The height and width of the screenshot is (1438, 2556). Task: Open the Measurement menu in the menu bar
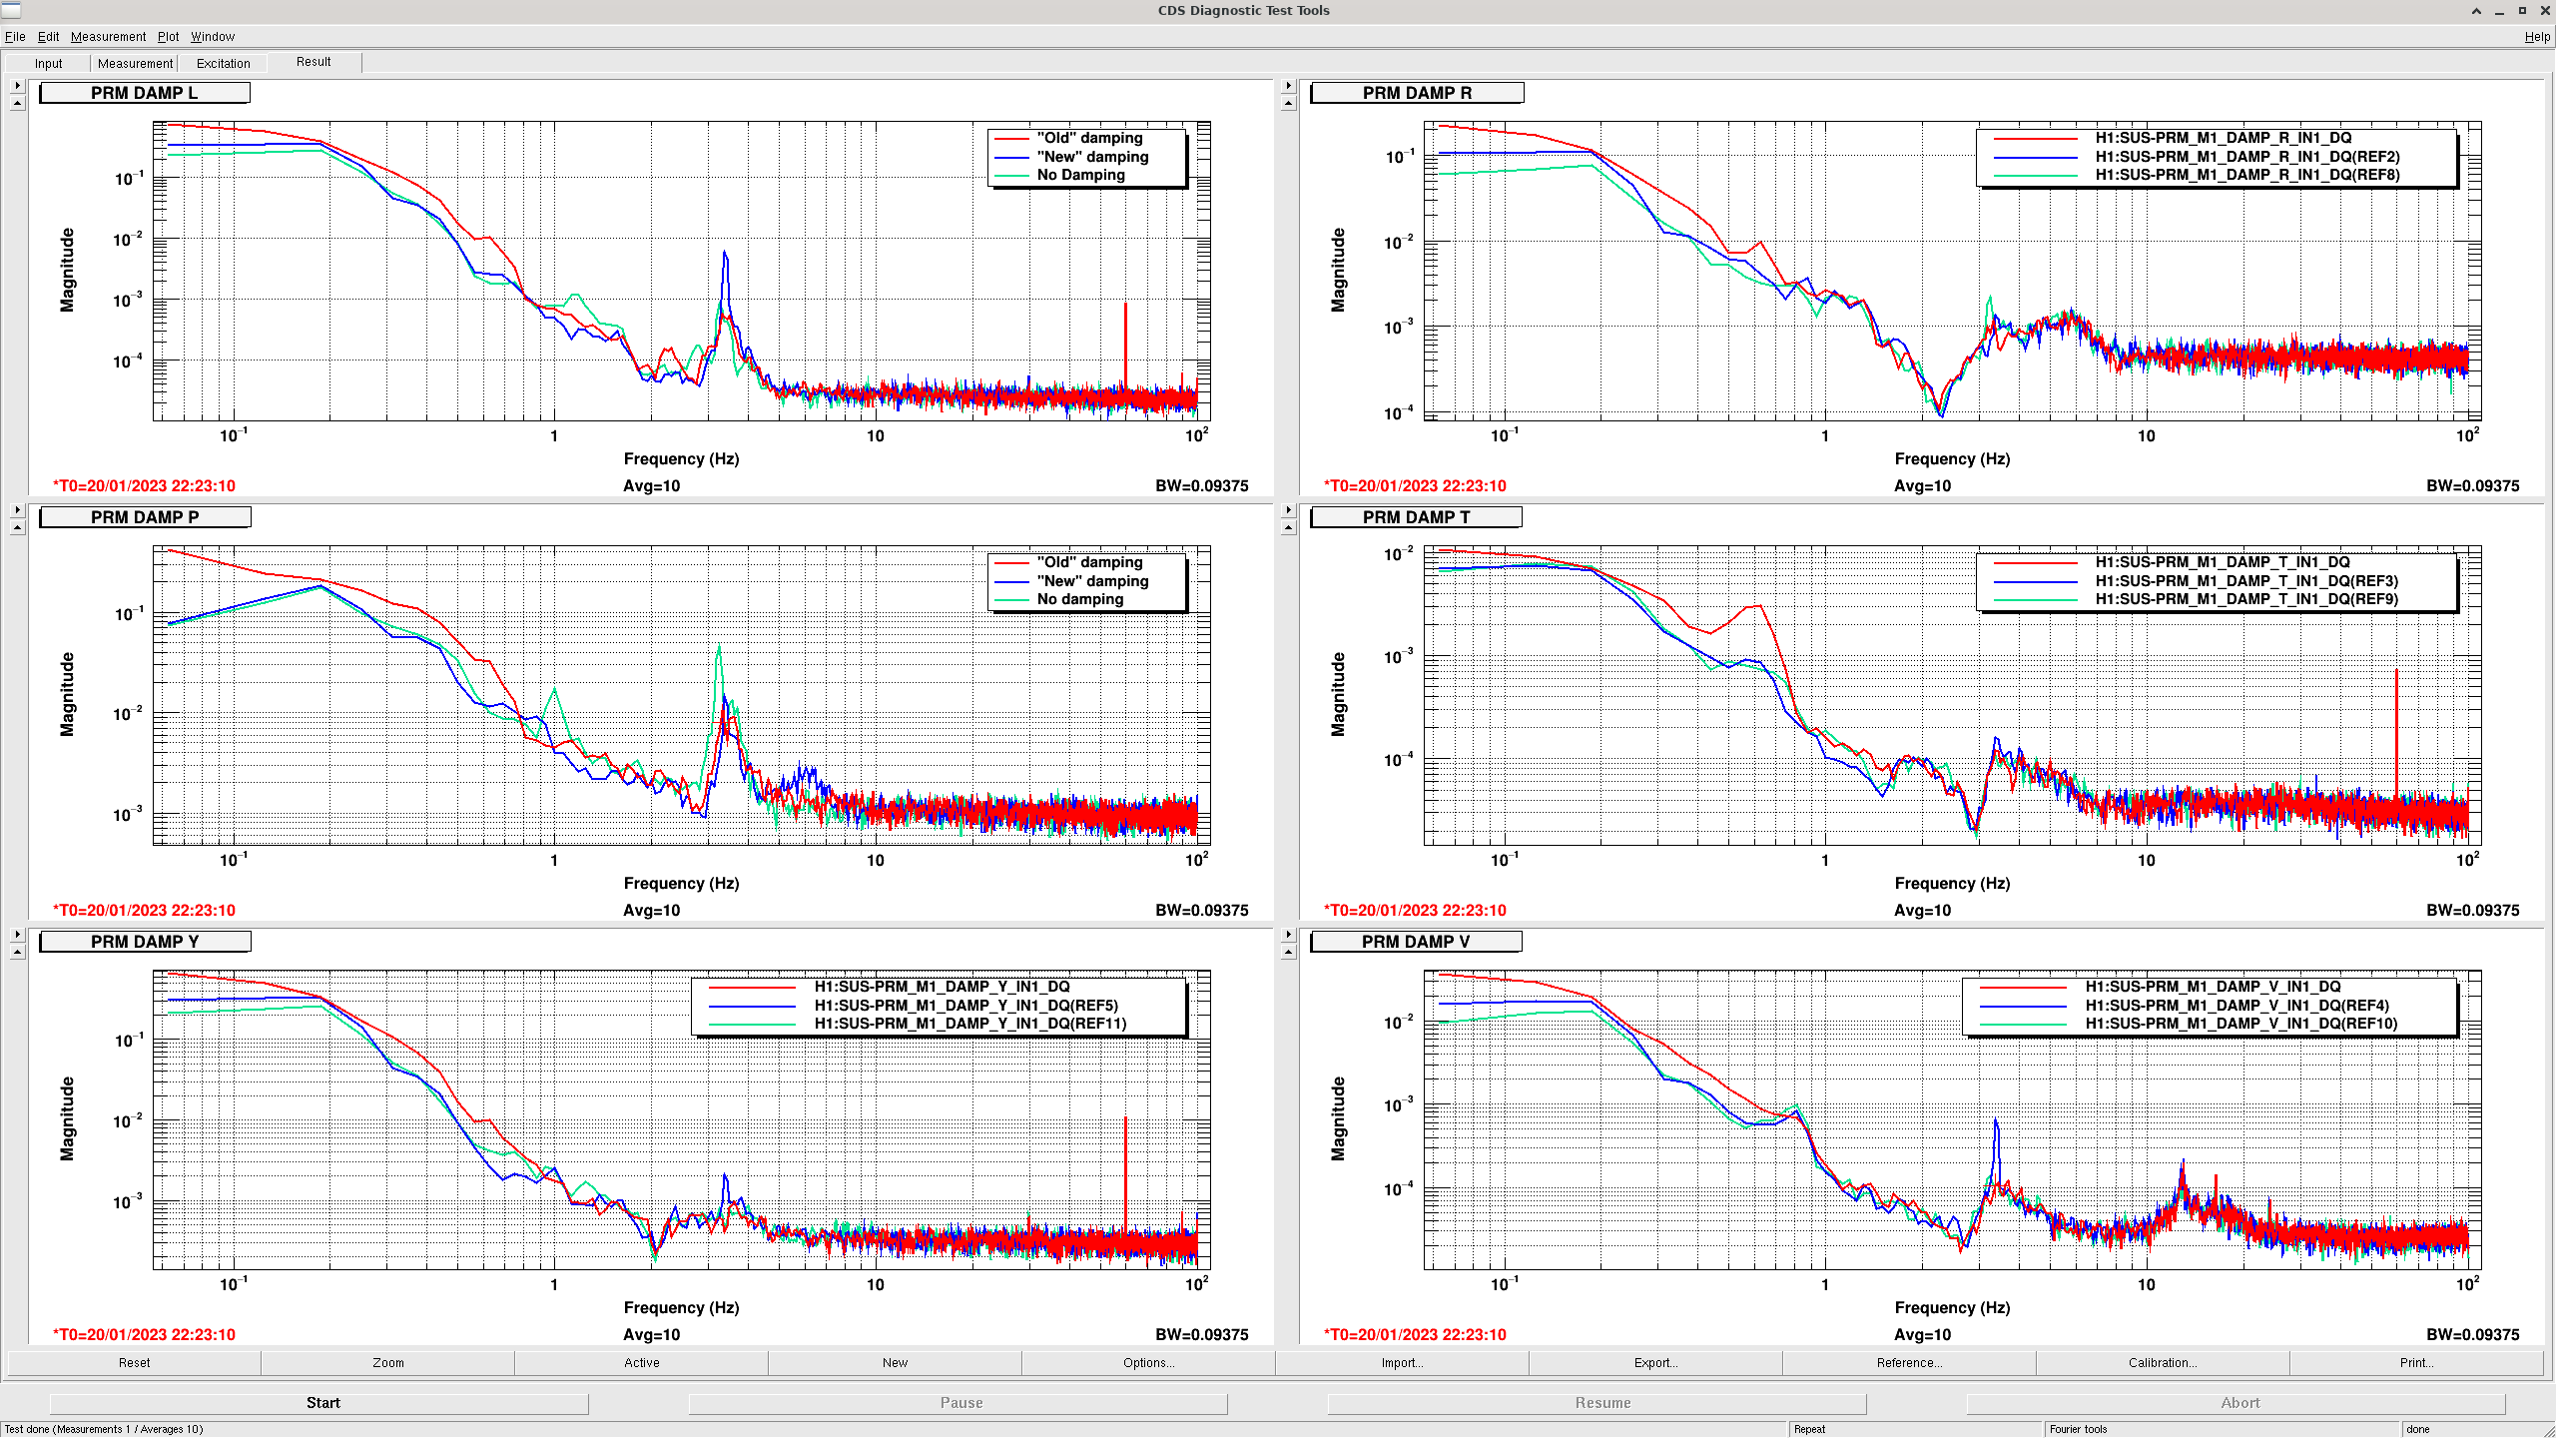click(x=108, y=37)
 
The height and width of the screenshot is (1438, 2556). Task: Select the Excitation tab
click(x=224, y=63)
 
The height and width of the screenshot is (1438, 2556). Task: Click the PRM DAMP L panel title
click(x=145, y=93)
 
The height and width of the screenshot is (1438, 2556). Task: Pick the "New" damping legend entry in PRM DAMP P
click(x=1092, y=581)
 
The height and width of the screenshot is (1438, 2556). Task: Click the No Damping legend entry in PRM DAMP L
click(x=1080, y=175)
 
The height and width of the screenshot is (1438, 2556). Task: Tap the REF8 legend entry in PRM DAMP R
click(x=2247, y=175)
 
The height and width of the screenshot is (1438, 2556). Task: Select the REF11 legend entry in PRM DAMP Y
click(x=970, y=1024)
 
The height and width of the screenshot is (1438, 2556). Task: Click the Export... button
click(x=1655, y=1363)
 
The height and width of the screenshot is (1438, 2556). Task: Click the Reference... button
click(x=1909, y=1363)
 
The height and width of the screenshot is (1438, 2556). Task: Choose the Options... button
click(x=1148, y=1363)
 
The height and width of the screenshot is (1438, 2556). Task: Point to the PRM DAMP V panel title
click(x=1416, y=942)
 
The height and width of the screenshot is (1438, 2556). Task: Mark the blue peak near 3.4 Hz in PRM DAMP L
click(x=725, y=254)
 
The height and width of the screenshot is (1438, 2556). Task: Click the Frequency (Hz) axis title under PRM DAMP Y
click(x=681, y=1307)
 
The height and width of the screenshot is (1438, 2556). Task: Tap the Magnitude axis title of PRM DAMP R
click(x=1338, y=270)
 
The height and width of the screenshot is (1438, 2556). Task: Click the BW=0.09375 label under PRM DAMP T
click(x=2472, y=910)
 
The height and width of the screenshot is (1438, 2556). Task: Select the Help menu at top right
click(x=2537, y=37)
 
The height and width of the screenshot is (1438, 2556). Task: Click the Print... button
click(x=2416, y=1363)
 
